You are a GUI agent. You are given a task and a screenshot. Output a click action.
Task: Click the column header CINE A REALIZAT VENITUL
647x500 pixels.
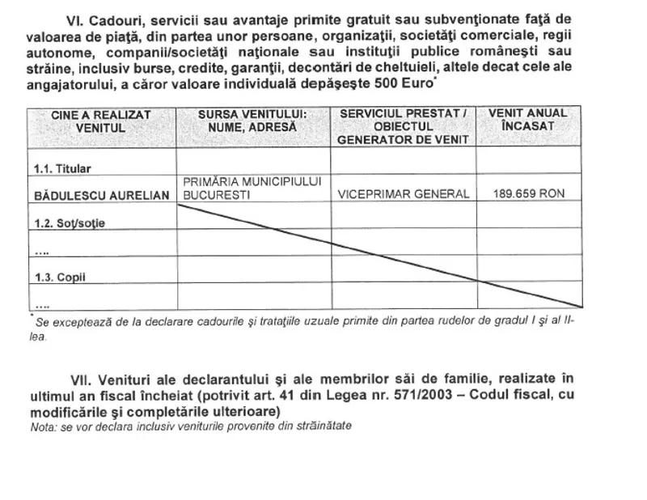click(x=101, y=121)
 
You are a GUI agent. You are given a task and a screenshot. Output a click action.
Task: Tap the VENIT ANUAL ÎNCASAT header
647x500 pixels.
click(x=528, y=121)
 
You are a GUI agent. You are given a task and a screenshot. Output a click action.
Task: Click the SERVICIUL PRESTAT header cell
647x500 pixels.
click(x=404, y=126)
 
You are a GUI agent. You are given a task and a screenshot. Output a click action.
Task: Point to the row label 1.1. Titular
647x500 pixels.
click(x=63, y=168)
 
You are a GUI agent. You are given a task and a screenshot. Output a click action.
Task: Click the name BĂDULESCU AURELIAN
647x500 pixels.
click(x=101, y=195)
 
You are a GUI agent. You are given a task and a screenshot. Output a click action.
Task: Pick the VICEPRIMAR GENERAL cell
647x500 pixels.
click(x=404, y=194)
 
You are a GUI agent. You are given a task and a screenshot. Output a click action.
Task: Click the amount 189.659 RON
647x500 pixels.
click(x=528, y=194)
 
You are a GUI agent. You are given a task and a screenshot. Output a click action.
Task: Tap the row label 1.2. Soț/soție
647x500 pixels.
click(x=70, y=222)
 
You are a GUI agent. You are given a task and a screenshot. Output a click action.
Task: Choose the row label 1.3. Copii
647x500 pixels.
click(x=61, y=277)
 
